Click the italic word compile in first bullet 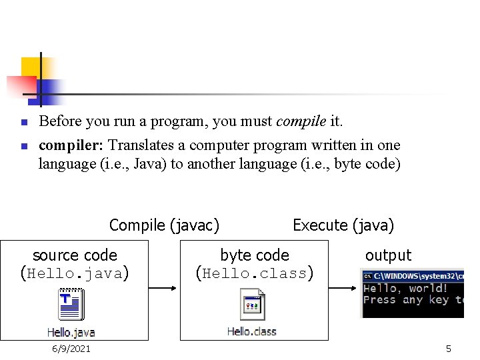[x=301, y=122]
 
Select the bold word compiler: [x=71, y=145]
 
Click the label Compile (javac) [x=164, y=225]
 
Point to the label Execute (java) [x=343, y=225]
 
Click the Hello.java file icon [x=71, y=306]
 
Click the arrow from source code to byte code [x=164, y=289]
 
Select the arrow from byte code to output [x=343, y=289]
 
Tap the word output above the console [x=388, y=255]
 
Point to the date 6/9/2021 [x=72, y=349]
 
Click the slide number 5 [x=449, y=349]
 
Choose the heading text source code [x=75, y=255]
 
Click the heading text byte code [x=255, y=255]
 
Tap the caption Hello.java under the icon [x=71, y=331]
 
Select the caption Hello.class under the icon [x=252, y=331]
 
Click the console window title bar [x=412, y=275]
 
